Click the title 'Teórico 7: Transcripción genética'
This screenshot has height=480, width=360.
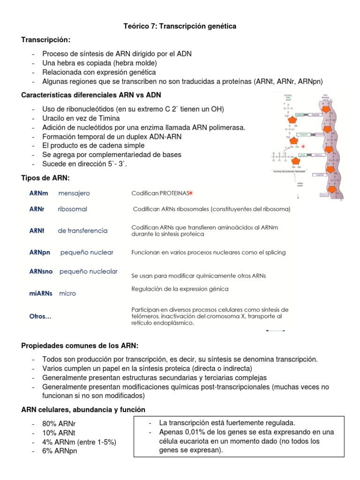[x=180, y=27]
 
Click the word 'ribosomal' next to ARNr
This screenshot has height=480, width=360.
[x=72, y=209]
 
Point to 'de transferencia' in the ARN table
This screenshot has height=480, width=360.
[x=82, y=231]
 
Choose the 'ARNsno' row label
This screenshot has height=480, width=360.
[x=40, y=271]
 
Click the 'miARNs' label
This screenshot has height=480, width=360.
[x=41, y=293]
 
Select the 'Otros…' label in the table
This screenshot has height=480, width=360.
[x=40, y=316]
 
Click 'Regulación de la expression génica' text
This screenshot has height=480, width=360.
[x=180, y=289]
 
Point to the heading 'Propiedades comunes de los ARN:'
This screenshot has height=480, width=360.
[x=80, y=346]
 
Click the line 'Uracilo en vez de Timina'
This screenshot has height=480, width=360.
[x=81, y=118]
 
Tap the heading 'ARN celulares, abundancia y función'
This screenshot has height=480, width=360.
[x=83, y=410]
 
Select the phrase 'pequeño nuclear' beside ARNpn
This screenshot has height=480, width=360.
[x=87, y=253]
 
